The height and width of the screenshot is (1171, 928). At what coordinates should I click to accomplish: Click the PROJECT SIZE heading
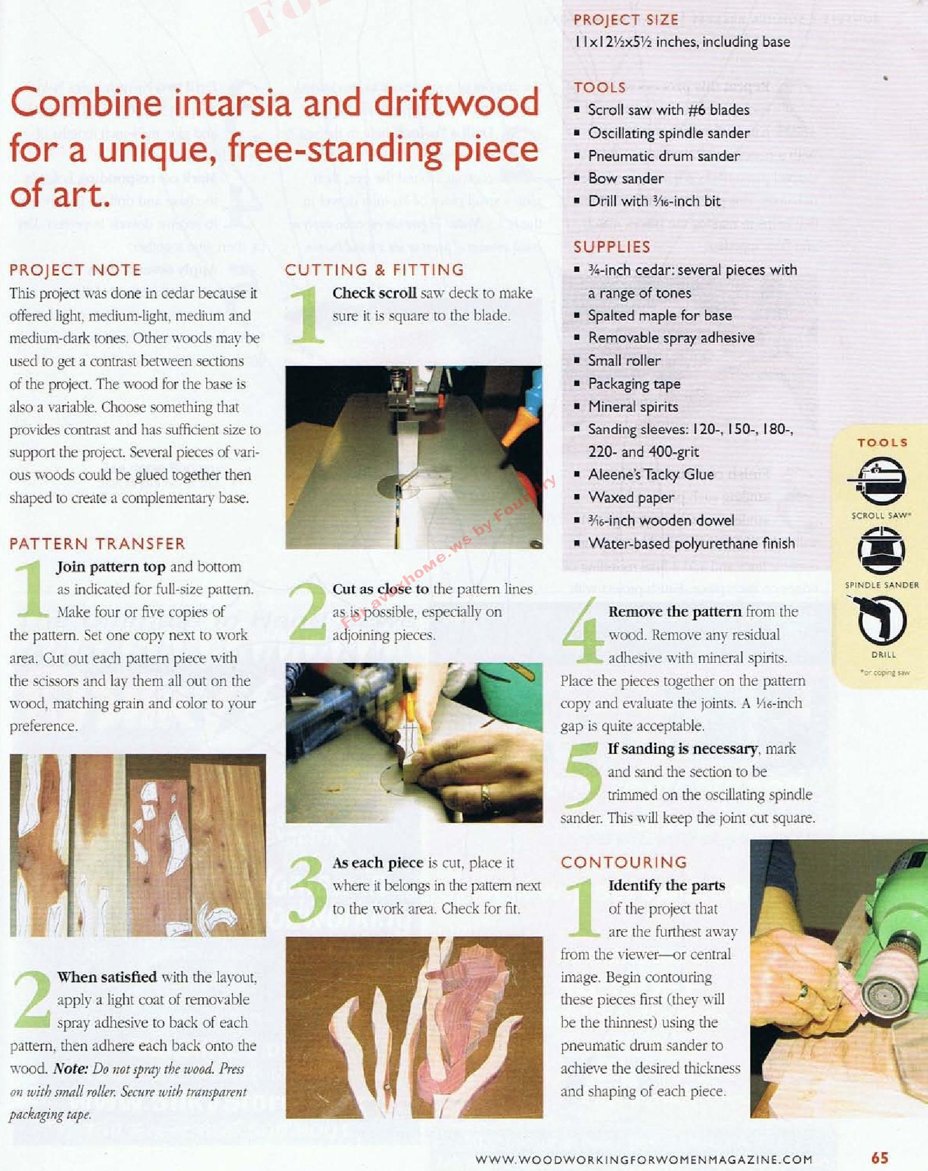(x=626, y=20)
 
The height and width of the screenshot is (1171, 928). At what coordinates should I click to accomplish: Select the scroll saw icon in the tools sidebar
(x=880, y=481)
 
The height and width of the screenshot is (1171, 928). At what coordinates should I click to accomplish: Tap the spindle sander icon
(x=881, y=550)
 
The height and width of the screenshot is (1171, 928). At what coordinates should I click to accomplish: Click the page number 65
(x=880, y=1158)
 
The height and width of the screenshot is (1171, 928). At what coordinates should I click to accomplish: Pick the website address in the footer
(x=644, y=1159)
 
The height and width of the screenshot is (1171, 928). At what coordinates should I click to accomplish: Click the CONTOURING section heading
(x=624, y=862)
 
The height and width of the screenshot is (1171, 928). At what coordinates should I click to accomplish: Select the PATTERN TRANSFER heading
(x=97, y=544)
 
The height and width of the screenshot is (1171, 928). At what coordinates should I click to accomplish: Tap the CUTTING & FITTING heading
(x=374, y=270)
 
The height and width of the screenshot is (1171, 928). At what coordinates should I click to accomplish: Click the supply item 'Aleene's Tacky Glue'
(x=651, y=474)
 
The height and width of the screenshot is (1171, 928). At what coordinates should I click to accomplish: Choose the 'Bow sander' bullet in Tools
(x=626, y=178)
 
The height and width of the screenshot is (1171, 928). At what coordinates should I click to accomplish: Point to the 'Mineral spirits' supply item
(x=633, y=406)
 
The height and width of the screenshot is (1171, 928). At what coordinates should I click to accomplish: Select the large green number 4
(x=582, y=631)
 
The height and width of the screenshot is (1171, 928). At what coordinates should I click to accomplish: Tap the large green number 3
(x=308, y=889)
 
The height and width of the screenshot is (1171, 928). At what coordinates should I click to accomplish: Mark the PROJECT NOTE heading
(x=75, y=270)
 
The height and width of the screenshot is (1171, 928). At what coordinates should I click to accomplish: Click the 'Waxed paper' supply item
(x=631, y=498)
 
